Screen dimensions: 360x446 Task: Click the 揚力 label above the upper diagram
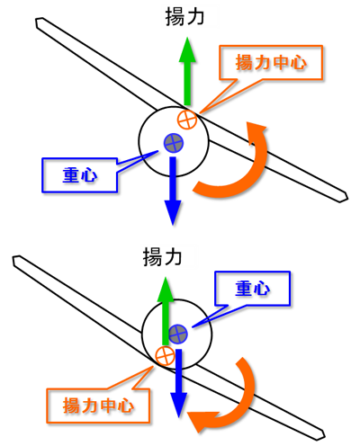184,17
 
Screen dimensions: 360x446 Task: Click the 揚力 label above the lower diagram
162,257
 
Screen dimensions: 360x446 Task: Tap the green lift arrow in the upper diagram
187,71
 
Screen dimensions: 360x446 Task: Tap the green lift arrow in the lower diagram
166,311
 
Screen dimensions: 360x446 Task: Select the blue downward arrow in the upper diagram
173,191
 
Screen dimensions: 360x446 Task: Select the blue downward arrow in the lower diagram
179,383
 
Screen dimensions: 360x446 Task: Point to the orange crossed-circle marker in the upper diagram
187,120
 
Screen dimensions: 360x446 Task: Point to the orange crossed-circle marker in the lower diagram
165,356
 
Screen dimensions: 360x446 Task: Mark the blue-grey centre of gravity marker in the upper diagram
174,143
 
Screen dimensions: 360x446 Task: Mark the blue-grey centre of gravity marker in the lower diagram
178,334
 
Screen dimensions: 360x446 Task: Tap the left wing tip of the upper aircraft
36,22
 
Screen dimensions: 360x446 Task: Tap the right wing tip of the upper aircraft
347,198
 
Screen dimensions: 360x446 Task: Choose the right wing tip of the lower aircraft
325,435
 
